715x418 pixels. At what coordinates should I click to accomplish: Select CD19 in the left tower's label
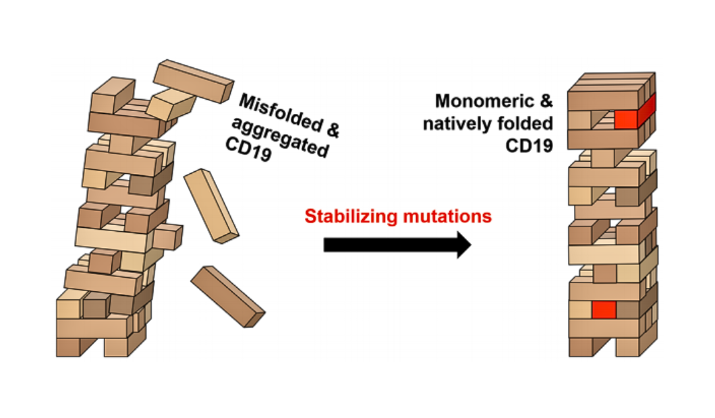tap(250, 154)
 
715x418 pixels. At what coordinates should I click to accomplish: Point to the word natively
tap(472, 123)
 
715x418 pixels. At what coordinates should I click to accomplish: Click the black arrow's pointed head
tap(464, 245)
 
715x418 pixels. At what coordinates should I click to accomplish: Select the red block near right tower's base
tap(604, 309)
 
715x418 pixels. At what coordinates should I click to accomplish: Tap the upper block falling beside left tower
tap(211, 206)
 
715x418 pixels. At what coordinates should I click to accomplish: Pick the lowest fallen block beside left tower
tap(227, 296)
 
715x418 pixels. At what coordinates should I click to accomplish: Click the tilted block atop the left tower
tap(194, 80)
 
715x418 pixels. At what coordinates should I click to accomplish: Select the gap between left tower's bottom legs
tap(92, 347)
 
